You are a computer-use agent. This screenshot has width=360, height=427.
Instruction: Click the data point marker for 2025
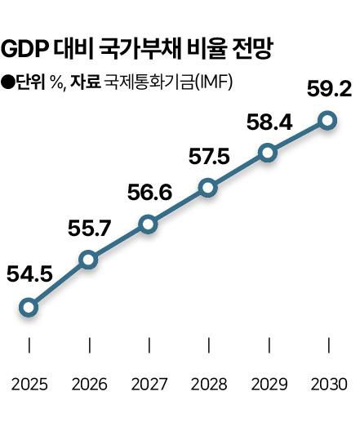[x=29, y=308]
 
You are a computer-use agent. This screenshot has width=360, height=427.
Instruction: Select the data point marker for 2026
[x=88, y=260]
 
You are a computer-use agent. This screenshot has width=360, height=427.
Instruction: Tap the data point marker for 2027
[x=148, y=224]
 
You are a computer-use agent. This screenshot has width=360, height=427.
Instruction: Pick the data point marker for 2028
[x=207, y=189]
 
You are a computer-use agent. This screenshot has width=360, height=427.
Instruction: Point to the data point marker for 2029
[x=267, y=153]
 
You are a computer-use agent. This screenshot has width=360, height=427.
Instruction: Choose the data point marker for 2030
[x=327, y=121]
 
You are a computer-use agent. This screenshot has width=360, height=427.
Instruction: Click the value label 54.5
[x=29, y=274]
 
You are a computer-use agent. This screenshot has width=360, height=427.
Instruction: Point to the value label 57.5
[x=207, y=155]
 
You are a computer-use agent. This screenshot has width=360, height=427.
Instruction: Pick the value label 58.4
[x=268, y=121]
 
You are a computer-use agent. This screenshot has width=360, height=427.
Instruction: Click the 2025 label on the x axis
[x=29, y=383]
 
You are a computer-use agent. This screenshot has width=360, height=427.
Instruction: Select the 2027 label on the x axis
[x=148, y=383]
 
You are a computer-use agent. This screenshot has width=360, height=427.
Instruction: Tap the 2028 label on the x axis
[x=207, y=383]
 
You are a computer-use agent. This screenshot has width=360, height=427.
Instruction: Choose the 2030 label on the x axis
[x=327, y=383]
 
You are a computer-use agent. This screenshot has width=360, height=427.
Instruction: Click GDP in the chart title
[x=25, y=51]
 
